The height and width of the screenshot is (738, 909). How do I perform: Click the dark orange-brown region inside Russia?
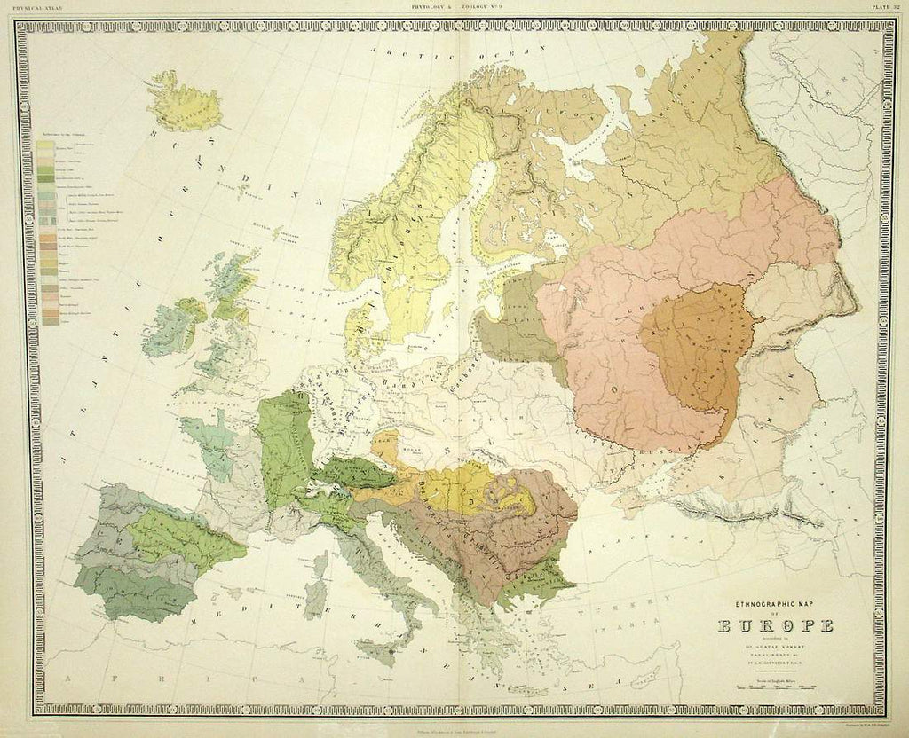701,346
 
